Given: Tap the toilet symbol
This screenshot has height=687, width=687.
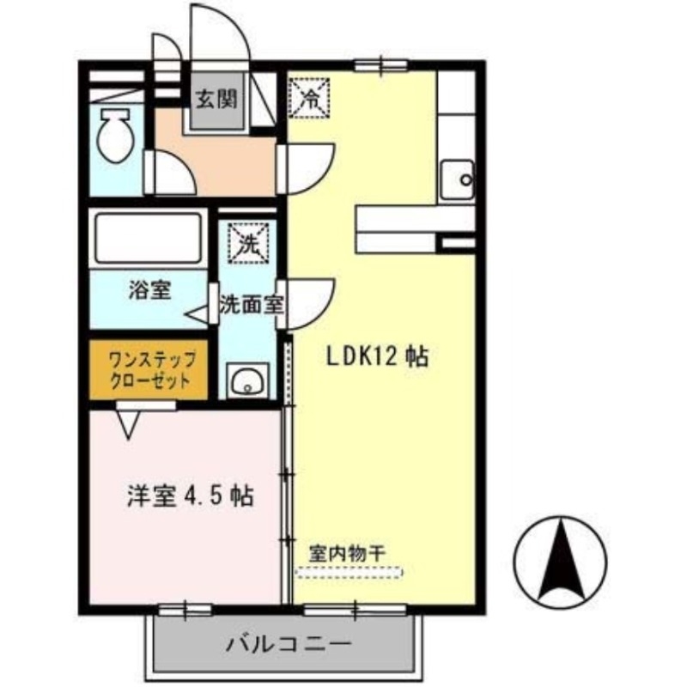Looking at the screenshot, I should [114, 135].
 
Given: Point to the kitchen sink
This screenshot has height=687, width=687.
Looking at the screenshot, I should [455, 180].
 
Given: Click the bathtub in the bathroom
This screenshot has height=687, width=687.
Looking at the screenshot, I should [148, 237].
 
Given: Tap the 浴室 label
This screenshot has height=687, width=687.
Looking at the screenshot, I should [148, 290].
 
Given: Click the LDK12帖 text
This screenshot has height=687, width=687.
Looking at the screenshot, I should [377, 356].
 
